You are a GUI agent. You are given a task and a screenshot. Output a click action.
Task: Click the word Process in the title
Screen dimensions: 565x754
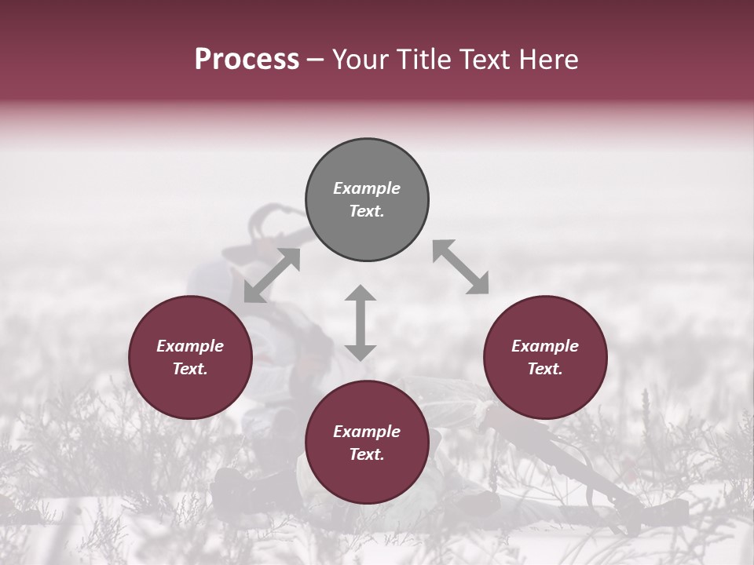(x=247, y=60)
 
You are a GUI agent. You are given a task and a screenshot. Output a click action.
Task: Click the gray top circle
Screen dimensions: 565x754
(x=367, y=200)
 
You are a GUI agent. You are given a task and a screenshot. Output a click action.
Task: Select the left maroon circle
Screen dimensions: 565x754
(x=190, y=357)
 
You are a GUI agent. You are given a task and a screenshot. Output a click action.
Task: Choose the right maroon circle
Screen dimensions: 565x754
(x=545, y=357)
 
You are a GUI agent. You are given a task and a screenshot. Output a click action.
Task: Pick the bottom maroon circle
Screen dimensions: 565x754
(x=367, y=443)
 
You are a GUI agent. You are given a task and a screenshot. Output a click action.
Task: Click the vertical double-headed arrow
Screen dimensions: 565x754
(x=361, y=323)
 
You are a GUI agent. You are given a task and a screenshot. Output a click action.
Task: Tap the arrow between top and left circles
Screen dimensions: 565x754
(x=272, y=275)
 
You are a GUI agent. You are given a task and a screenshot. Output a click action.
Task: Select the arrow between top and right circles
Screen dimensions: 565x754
(x=460, y=268)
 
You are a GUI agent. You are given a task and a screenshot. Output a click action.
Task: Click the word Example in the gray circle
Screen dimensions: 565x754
(x=367, y=188)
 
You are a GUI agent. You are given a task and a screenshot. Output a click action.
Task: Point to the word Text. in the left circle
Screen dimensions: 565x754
(x=190, y=369)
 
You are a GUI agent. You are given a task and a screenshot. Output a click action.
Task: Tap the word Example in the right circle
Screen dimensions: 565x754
(x=545, y=346)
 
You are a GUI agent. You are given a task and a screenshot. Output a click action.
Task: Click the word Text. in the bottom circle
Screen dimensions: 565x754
(x=367, y=454)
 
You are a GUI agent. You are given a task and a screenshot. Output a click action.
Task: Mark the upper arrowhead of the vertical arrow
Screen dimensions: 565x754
(x=361, y=293)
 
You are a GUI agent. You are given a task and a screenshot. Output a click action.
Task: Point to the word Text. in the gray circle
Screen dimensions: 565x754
(x=367, y=211)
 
